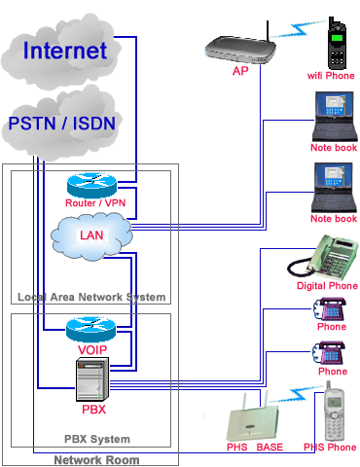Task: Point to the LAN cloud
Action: point(91,235)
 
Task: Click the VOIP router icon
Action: point(90,329)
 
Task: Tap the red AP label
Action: point(239,71)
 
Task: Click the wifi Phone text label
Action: point(331,75)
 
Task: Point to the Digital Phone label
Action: point(325,286)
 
